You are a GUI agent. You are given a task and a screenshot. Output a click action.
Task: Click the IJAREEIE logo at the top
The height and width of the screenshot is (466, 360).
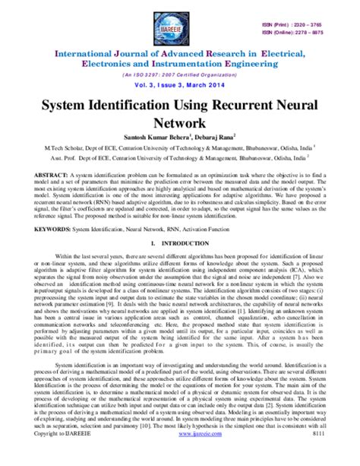(180, 21)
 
